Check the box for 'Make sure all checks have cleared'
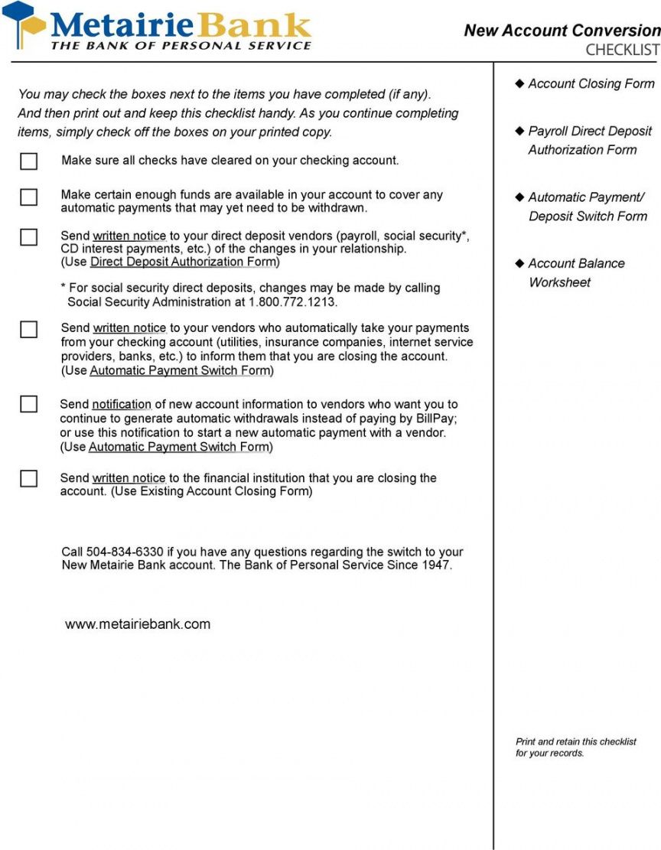28,161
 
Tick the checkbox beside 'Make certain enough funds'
28,197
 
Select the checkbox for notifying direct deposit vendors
28,237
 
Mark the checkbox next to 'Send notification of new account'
28,405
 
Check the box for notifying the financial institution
28,479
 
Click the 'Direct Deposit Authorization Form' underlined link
183,262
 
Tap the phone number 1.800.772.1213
292,302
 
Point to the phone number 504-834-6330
125,552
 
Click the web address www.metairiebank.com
138,624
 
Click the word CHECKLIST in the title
622,50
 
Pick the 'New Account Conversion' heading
562,31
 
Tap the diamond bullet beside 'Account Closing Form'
520,83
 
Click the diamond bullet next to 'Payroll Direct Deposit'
520,131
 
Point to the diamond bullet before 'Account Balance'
520,263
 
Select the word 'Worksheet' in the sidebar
559,282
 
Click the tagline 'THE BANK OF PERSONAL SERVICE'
181,46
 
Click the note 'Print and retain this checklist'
575,741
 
